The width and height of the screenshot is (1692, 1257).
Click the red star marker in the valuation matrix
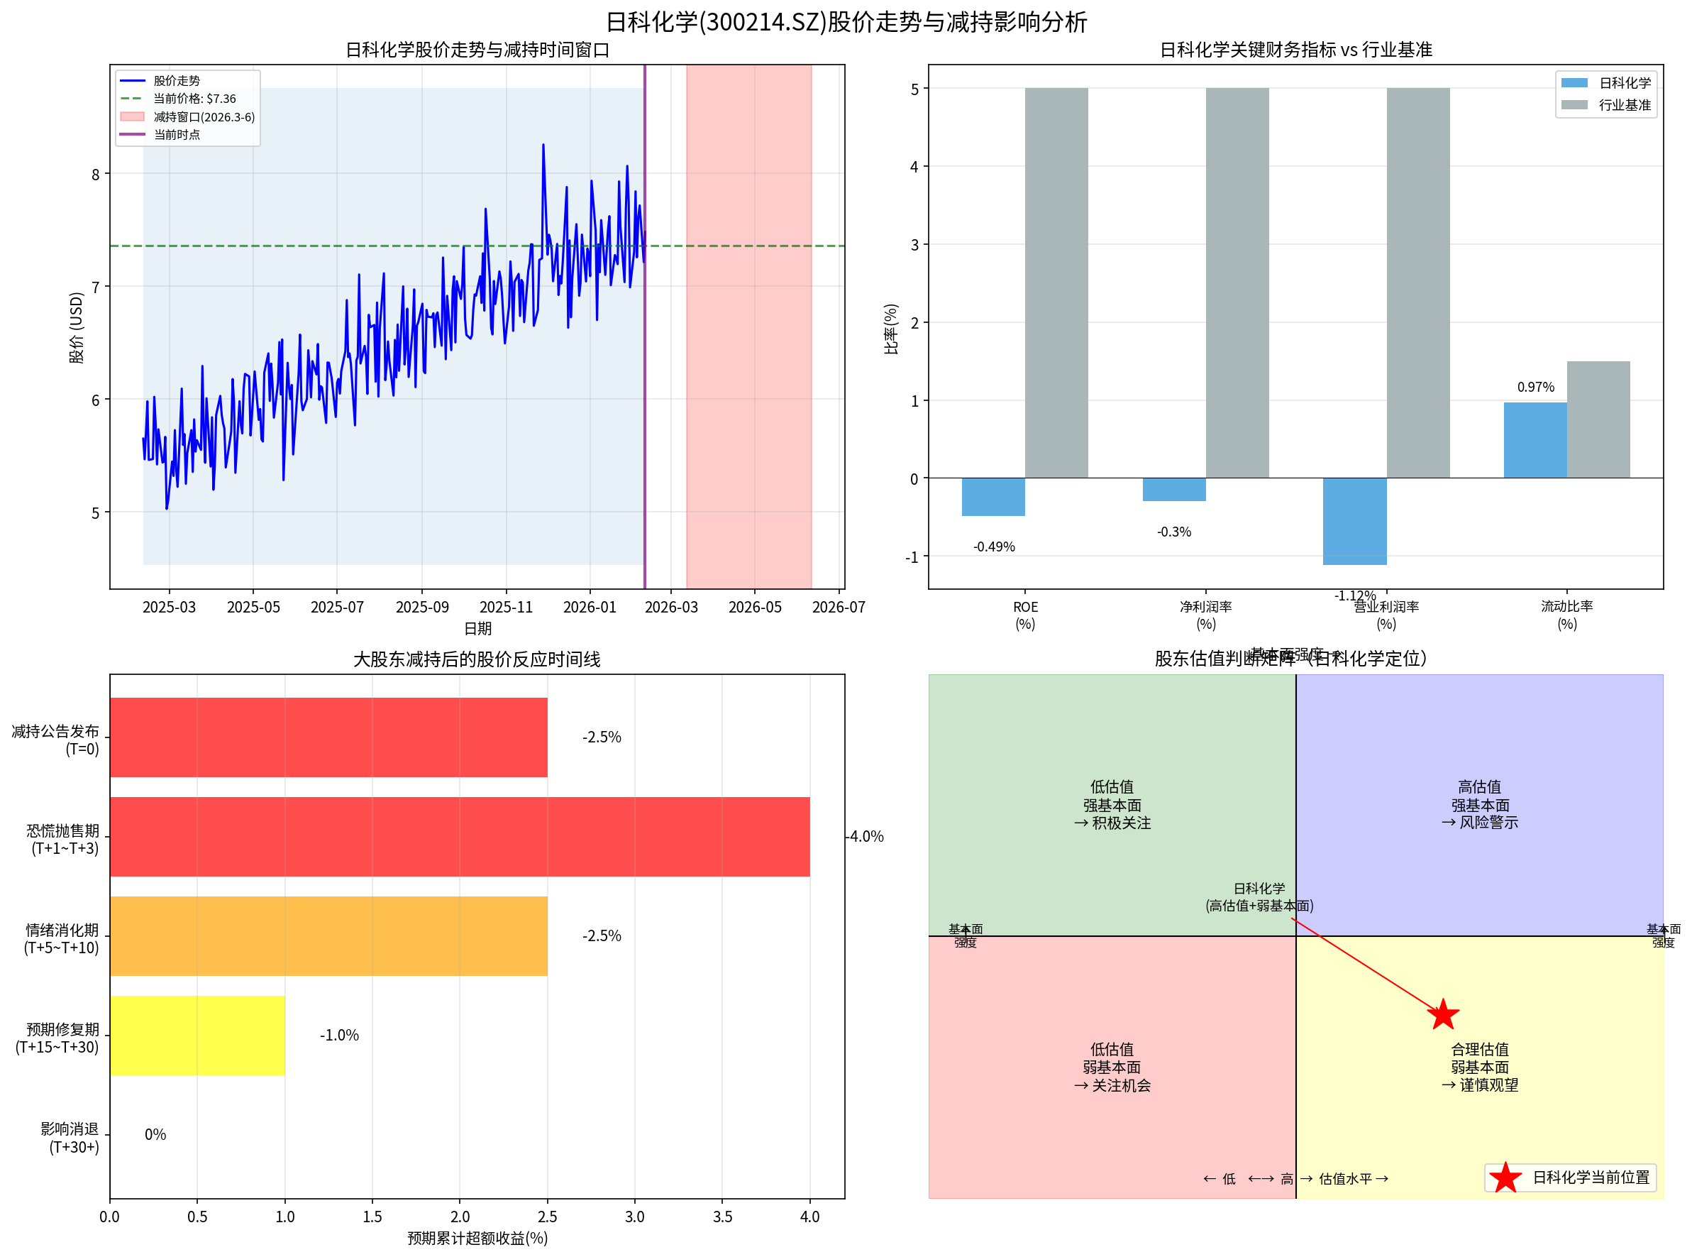coord(1442,1015)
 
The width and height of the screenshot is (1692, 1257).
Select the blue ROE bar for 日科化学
coord(993,497)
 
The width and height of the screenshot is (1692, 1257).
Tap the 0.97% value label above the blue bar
coord(1535,388)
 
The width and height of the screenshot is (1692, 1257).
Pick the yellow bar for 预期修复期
coord(197,1035)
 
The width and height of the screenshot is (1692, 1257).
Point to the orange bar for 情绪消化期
coord(328,936)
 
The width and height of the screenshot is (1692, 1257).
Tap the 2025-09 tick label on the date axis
coord(422,607)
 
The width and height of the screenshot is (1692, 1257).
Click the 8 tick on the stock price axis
coord(96,174)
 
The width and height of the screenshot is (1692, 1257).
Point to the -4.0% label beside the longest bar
coord(866,836)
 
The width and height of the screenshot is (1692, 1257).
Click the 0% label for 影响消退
coord(155,1134)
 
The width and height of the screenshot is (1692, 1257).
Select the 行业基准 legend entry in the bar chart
coord(1624,105)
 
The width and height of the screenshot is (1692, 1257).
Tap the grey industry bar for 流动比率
coord(1598,419)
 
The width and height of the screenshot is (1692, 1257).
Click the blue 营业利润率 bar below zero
coord(1354,521)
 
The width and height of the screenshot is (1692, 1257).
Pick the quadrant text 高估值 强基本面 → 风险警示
coord(1479,804)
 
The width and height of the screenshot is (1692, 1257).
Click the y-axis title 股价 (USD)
coord(77,327)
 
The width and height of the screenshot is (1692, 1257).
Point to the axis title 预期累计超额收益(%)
coord(477,1238)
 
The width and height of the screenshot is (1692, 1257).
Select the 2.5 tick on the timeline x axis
coord(547,1217)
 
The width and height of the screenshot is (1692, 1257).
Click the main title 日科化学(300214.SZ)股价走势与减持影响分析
coord(846,22)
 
